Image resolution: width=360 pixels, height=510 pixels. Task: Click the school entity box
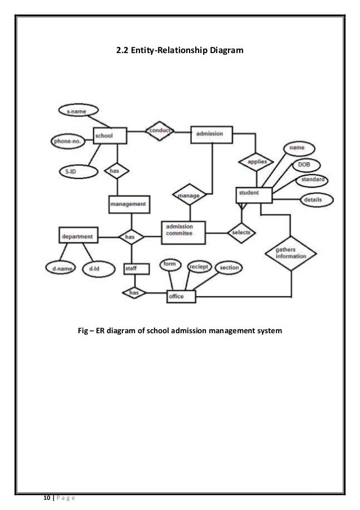tap(109, 136)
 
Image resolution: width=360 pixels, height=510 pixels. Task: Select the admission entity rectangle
tap(212, 134)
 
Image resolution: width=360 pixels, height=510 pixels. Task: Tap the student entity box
tap(254, 194)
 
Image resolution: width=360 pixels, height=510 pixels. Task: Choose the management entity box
tap(129, 203)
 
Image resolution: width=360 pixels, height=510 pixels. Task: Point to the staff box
tap(137, 269)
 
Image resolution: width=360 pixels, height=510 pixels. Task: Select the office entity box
tap(181, 296)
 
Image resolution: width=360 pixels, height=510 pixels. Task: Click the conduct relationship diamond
tap(160, 132)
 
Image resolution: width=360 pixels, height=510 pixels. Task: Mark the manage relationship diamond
tap(189, 195)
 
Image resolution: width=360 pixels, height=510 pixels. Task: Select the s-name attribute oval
tap(77, 112)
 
